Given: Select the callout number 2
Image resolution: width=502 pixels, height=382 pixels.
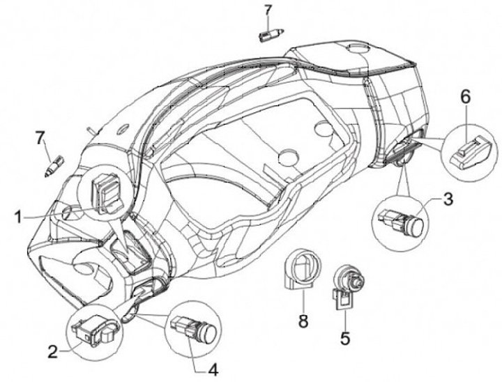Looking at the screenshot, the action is (x=52, y=352).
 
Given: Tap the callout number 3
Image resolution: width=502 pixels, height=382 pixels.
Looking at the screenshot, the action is (x=448, y=199).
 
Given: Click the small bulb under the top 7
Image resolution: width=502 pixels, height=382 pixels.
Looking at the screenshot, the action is (x=271, y=33).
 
